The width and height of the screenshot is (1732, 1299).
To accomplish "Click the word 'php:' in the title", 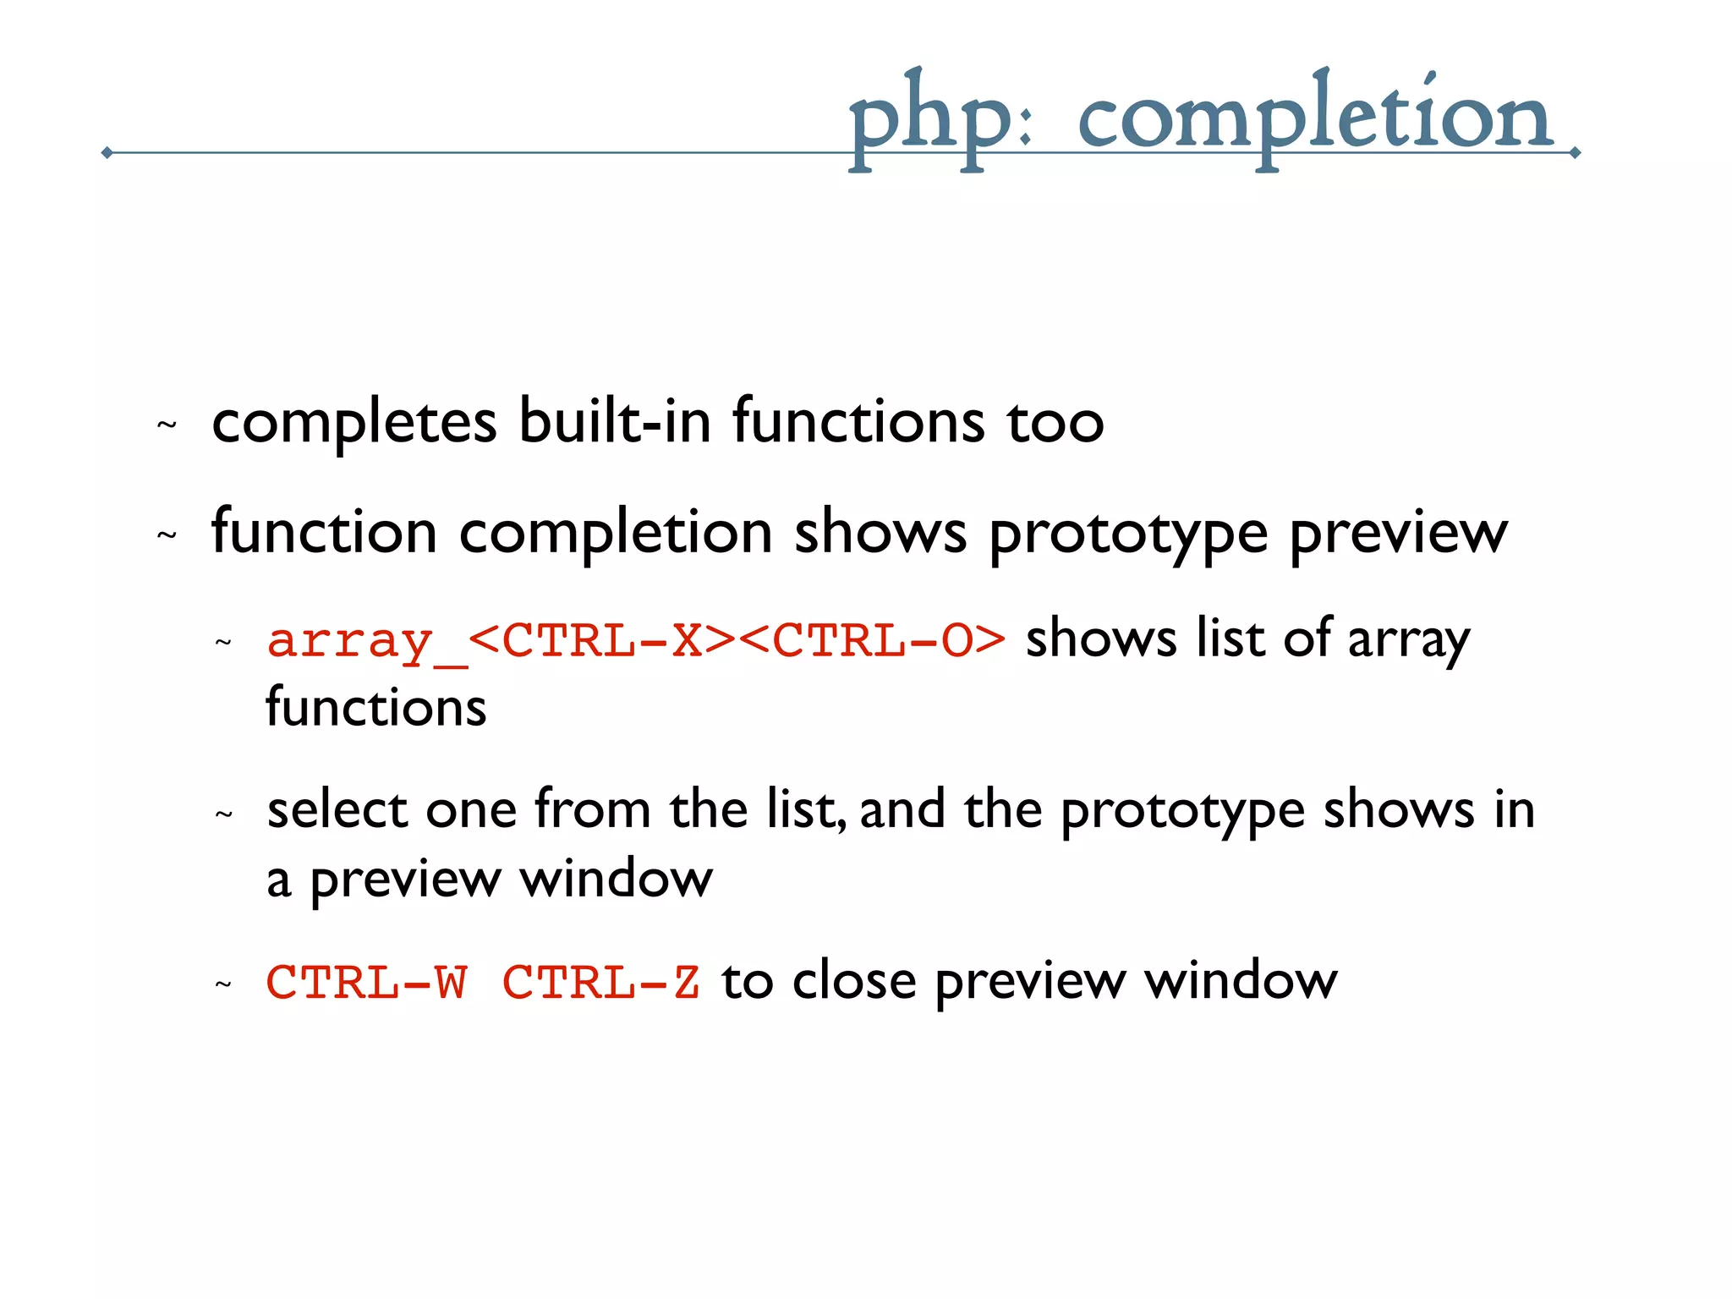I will click(939, 118).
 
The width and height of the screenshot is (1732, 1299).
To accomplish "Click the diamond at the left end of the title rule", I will click(107, 152).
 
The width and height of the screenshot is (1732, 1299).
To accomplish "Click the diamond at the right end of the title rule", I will click(1575, 153).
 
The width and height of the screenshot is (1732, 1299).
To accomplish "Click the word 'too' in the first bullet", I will click(1055, 421).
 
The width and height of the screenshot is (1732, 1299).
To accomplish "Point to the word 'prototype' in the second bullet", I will click(1128, 533).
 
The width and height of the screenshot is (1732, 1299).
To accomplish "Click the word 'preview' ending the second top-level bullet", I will click(1399, 533).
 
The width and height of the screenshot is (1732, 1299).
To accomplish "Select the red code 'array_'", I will click(366, 641).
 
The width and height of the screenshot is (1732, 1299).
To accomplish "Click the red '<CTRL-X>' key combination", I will click(602, 641).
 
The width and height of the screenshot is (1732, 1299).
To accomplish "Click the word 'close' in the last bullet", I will click(854, 981).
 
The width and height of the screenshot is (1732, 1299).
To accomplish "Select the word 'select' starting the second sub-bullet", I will click(337, 809).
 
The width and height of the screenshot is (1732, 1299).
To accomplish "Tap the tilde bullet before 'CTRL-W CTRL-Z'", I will click(223, 984).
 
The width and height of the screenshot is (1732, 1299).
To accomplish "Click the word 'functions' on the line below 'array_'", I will click(376, 708).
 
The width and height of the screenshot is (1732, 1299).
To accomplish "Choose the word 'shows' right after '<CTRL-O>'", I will click(1101, 639).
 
